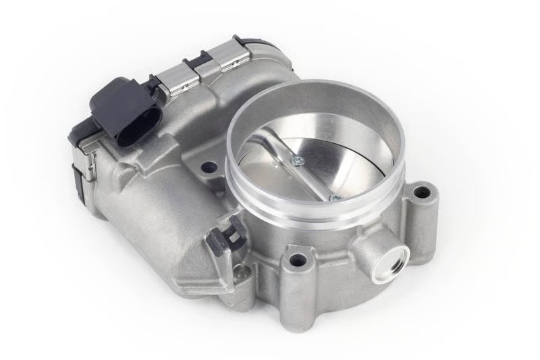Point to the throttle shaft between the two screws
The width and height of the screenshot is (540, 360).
[x=315, y=178]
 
